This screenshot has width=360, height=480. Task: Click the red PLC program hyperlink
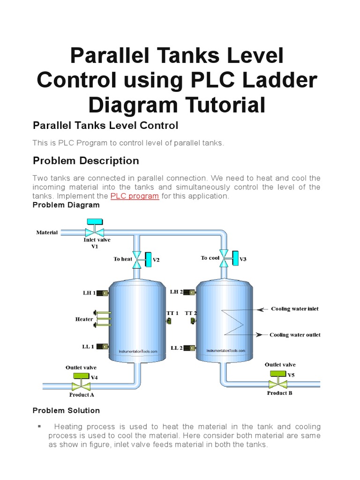tap(135, 196)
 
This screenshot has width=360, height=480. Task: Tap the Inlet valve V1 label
tap(97, 243)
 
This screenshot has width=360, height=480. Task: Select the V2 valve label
tap(157, 260)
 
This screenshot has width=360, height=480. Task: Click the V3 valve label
tap(243, 259)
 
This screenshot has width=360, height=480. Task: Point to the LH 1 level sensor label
tap(89, 293)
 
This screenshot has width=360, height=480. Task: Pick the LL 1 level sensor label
tap(88, 347)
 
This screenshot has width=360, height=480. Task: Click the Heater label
tap(84, 319)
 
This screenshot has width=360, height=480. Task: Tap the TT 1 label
tap(173, 313)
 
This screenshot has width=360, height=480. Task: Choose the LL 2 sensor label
tap(177, 348)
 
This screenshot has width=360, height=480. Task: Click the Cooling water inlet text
tap(295, 309)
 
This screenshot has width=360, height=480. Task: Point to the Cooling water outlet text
tap(295, 335)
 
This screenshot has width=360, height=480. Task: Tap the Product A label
tap(82, 395)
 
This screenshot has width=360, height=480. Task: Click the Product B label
tap(280, 393)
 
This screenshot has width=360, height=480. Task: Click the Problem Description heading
tap(86, 161)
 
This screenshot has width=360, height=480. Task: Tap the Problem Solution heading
tap(66, 411)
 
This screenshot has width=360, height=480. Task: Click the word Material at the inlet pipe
tap(47, 232)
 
